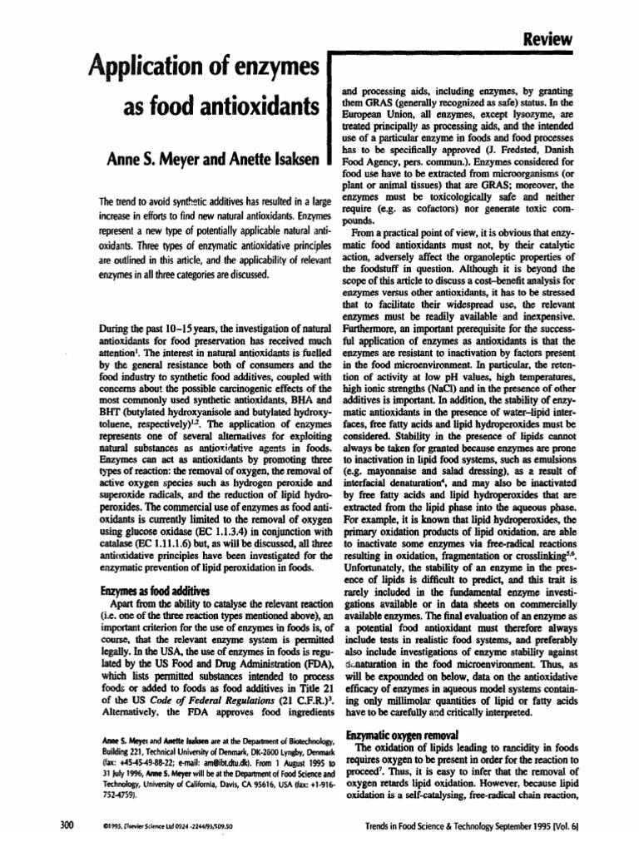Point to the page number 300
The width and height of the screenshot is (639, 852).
pos(66,825)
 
